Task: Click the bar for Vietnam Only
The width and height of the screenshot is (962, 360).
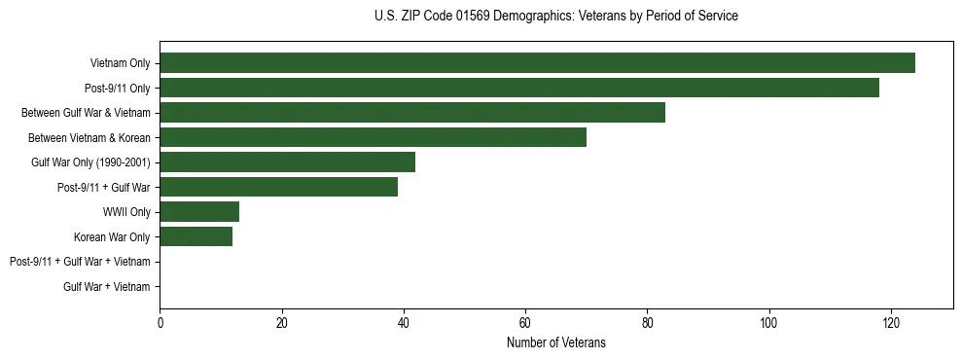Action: (537, 63)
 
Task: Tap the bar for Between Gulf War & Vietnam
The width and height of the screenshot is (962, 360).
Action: (412, 113)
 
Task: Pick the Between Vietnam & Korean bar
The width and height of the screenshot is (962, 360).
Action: (373, 137)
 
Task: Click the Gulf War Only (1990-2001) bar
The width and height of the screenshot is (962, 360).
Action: (287, 162)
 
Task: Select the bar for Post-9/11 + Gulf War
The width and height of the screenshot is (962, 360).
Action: (278, 187)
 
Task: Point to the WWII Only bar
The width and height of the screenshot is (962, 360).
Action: (199, 212)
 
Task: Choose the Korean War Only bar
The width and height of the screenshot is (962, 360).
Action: (196, 236)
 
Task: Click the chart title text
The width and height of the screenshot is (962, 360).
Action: (555, 17)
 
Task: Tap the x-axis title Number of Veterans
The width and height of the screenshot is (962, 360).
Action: (555, 342)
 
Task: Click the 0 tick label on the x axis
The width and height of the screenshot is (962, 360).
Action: (160, 323)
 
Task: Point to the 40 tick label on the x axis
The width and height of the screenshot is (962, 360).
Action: (404, 323)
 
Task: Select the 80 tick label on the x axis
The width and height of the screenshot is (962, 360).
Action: (647, 323)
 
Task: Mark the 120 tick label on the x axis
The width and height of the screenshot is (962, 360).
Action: (891, 323)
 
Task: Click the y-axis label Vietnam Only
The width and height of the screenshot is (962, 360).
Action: (120, 63)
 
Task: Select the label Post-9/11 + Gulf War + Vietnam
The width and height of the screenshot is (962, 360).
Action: (80, 262)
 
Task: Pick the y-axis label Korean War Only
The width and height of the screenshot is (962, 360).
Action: (112, 236)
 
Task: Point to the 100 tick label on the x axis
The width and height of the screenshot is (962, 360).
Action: (769, 323)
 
